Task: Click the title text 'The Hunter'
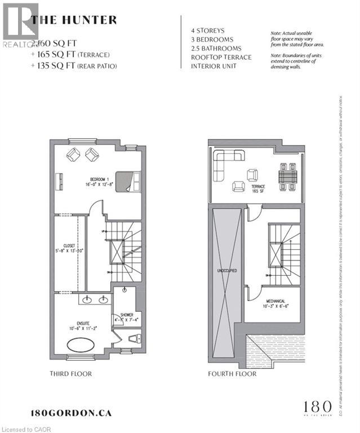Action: [x=74, y=20]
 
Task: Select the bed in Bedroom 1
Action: [x=127, y=182]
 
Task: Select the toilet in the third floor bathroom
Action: [x=133, y=338]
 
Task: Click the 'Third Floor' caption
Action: [x=70, y=374]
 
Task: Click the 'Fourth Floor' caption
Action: [x=232, y=374]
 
